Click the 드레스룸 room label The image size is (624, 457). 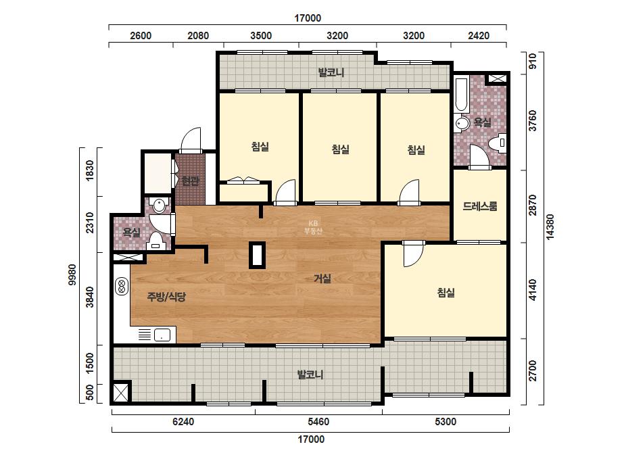(x=480, y=206)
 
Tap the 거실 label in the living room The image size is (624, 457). (x=322, y=279)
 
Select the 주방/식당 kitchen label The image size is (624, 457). (x=166, y=297)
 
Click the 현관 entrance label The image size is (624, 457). (x=191, y=181)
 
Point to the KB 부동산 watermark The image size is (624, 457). (x=313, y=227)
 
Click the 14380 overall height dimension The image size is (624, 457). (x=550, y=227)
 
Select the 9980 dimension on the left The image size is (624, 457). (x=72, y=274)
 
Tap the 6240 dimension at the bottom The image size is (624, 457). (x=183, y=422)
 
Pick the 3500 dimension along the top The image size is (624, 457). (x=261, y=36)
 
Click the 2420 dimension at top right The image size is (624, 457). (x=479, y=36)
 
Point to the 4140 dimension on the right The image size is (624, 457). (x=533, y=290)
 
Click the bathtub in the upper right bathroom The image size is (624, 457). (x=461, y=95)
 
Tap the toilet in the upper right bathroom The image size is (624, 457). (x=498, y=143)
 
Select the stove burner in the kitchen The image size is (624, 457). (x=122, y=287)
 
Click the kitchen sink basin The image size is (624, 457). (x=162, y=335)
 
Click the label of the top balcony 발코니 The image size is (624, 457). (x=331, y=72)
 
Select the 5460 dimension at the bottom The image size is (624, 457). (x=318, y=422)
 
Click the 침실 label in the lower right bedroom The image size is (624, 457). (x=446, y=293)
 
